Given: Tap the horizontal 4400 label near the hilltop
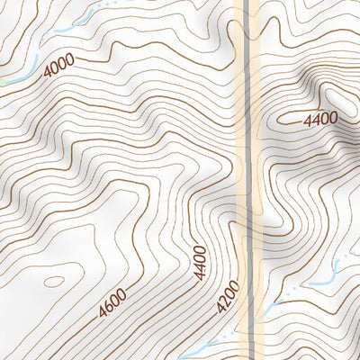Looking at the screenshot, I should click(x=320, y=118).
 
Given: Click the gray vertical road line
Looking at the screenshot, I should click(x=246, y=135).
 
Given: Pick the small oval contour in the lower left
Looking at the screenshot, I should click(x=54, y=282).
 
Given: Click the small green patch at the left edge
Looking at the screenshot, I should click(x=3, y=83).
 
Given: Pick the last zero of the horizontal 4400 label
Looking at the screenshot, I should click(x=333, y=118).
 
